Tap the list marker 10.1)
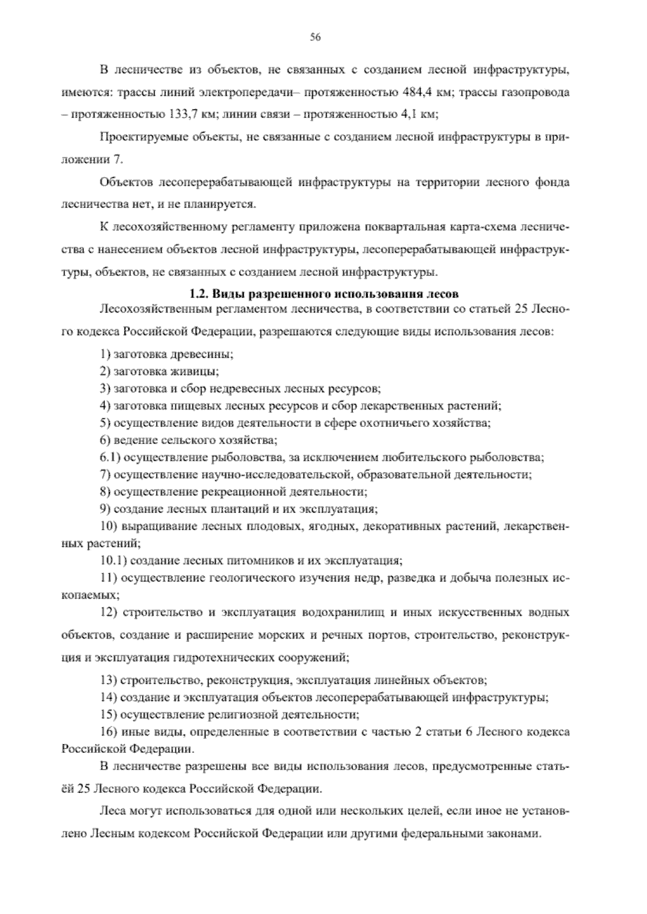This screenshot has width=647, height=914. coord(113,560)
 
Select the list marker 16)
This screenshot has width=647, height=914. coord(109,732)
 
